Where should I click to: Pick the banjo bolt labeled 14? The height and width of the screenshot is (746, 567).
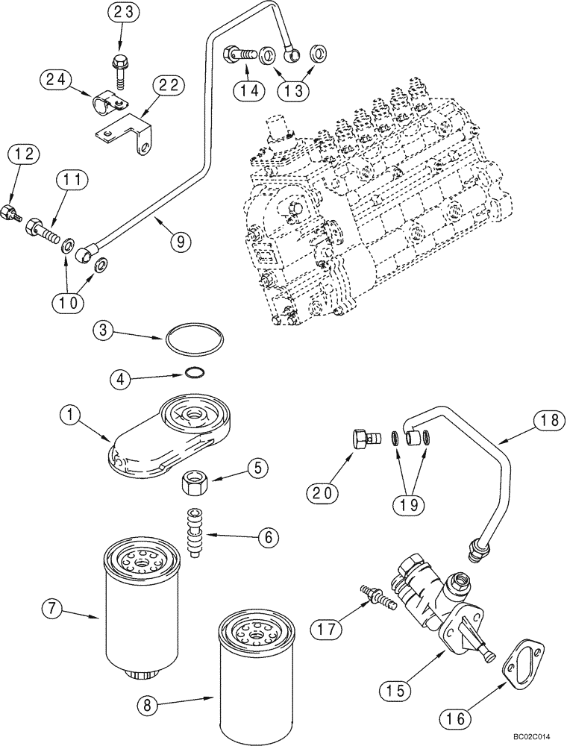pos(238,54)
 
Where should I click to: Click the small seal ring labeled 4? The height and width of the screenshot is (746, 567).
pos(193,375)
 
